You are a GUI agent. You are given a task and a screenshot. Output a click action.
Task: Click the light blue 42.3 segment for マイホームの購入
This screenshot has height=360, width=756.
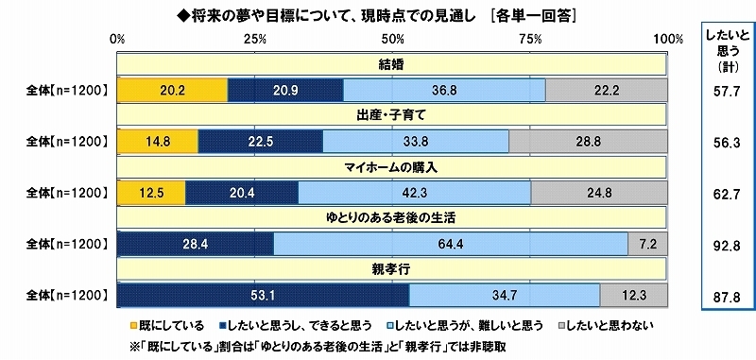(x=414, y=193)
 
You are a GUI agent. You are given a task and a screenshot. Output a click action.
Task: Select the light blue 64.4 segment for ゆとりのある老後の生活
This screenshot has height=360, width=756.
(x=450, y=245)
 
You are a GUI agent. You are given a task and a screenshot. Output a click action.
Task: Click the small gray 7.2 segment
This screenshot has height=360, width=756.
(x=647, y=245)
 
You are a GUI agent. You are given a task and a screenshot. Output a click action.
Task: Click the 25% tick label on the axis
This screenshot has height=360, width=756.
(x=252, y=39)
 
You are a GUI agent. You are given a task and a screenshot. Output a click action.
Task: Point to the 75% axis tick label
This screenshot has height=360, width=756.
(x=530, y=39)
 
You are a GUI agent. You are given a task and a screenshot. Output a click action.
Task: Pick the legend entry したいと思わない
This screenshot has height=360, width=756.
(x=610, y=324)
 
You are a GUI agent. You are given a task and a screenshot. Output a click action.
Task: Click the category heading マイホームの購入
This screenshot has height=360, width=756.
(x=391, y=168)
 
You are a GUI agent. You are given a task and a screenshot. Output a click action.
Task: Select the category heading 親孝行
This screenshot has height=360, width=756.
(x=391, y=272)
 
